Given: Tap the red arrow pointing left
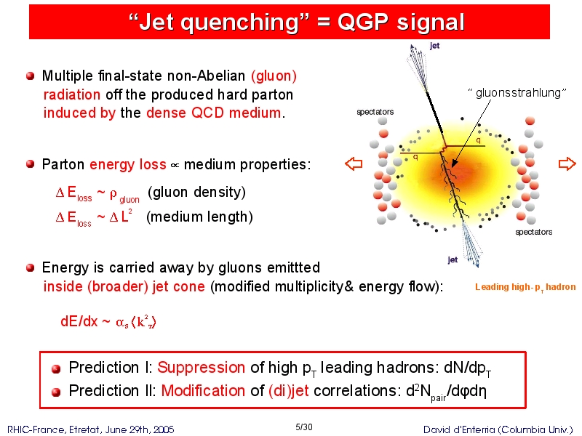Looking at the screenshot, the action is pyautogui.click(x=354, y=163).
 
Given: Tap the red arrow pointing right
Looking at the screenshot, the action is pyautogui.click(x=567, y=163).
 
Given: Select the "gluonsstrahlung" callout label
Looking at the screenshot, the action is pyautogui.click(x=517, y=93).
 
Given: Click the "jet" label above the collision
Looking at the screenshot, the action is pyautogui.click(x=434, y=46).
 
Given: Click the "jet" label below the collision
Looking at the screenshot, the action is pyautogui.click(x=453, y=259).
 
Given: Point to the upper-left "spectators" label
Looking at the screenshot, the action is pyautogui.click(x=375, y=112).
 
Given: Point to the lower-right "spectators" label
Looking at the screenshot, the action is pyautogui.click(x=534, y=232).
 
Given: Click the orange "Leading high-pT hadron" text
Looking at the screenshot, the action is pyautogui.click(x=525, y=287).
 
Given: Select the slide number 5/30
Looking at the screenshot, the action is pyautogui.click(x=303, y=427).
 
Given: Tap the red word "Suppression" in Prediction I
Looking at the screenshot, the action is pyautogui.click(x=202, y=368).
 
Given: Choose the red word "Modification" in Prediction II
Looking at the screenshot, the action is pyautogui.click(x=203, y=390).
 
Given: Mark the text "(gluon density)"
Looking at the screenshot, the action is pyautogui.click(x=196, y=192).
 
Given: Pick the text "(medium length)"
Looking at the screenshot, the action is pyautogui.click(x=199, y=217).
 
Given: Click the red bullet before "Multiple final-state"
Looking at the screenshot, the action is pyautogui.click(x=31, y=76).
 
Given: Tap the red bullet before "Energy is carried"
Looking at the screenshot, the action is pyautogui.click(x=31, y=267).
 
